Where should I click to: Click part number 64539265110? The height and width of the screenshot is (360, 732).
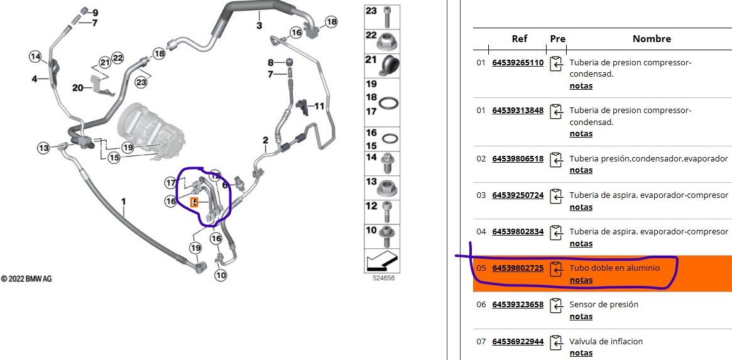pos(518,63)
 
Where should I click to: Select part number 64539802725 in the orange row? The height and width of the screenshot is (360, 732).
pos(518,268)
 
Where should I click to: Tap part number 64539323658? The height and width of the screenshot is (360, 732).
pos(518,305)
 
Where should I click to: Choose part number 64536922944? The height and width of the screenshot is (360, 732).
pos(518,341)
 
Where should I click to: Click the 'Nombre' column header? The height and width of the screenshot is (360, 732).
pos(652,39)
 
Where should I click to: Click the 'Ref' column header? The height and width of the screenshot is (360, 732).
pos(520,39)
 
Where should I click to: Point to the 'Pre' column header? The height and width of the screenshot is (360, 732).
pos(557,39)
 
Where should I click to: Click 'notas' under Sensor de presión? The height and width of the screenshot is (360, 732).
pos(581,317)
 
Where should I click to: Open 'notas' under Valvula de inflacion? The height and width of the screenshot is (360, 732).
pos(581,353)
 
